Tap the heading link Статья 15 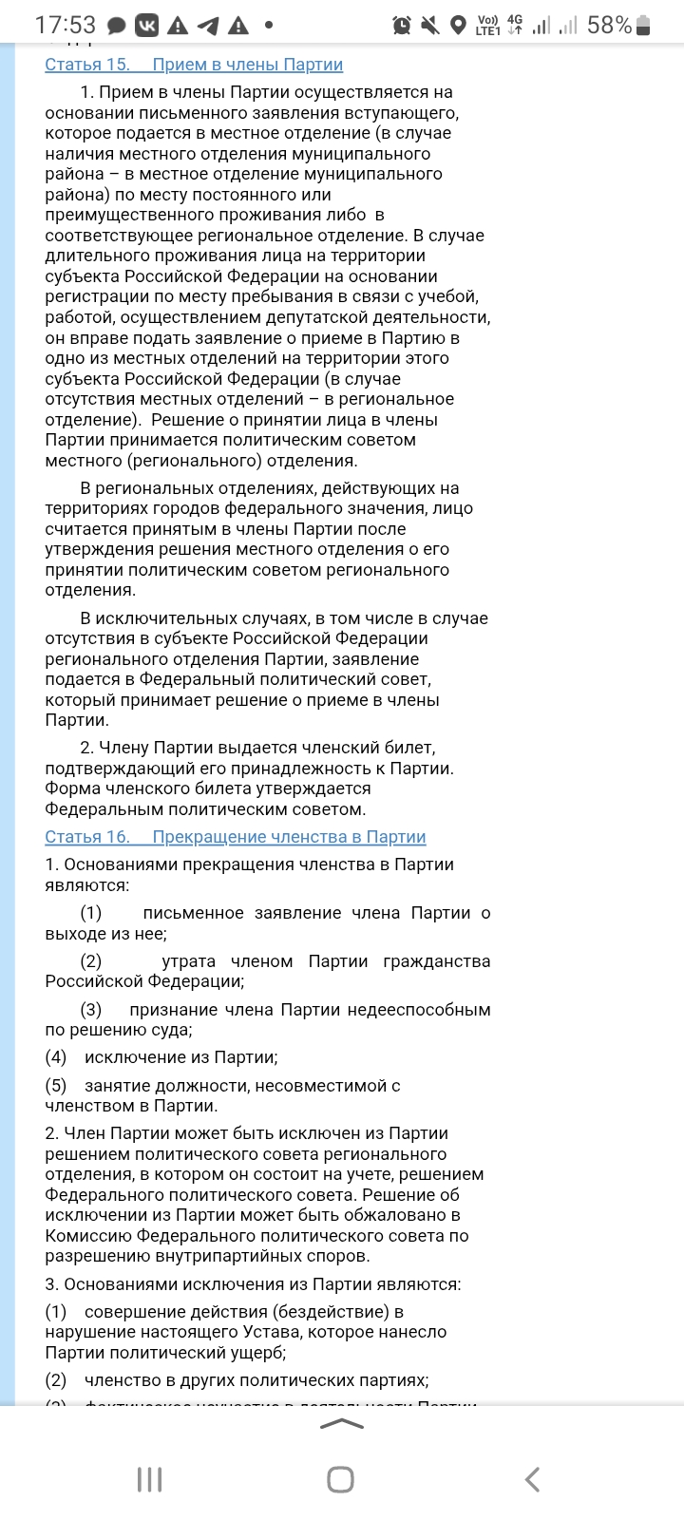tap(87, 65)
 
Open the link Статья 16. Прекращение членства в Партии tap(235, 837)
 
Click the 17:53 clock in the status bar tap(65, 25)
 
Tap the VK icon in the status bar tap(146, 26)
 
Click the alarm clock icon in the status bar tap(402, 26)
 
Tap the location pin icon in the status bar tap(459, 26)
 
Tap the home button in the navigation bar tap(340, 1479)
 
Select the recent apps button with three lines tap(149, 1479)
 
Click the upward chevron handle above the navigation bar tap(342, 1423)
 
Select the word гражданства tap(437, 961)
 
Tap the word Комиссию tap(88, 1236)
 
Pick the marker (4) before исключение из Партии tap(56, 1057)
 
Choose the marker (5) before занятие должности tap(56, 1085)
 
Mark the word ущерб tap(257, 1353)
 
